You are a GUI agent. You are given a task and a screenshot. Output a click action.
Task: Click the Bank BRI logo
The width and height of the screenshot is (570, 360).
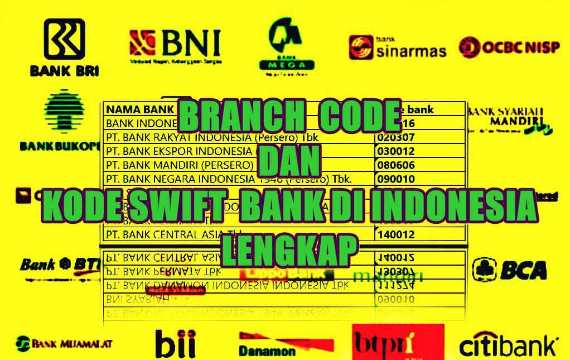point(64,47)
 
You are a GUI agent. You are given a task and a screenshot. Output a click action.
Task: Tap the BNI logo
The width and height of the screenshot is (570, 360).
point(175,45)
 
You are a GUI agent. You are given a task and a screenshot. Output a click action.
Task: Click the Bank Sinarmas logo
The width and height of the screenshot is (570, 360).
point(398,47)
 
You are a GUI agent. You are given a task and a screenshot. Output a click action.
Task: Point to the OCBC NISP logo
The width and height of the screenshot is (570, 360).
point(509,47)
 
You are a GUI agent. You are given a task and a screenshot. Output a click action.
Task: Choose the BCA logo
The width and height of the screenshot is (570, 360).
point(509,270)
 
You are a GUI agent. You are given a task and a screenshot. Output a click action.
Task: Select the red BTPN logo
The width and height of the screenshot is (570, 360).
point(398,343)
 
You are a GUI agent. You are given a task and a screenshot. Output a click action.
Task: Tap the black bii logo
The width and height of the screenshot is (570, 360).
point(175,343)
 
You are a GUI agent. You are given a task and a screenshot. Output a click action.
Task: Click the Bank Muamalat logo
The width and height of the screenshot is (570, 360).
point(64,343)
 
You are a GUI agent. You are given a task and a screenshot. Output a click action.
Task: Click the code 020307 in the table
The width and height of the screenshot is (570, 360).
point(395,137)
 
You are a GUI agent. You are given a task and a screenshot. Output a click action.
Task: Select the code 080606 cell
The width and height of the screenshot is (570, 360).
point(395,165)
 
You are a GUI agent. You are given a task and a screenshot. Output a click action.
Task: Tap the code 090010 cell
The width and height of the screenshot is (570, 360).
point(395,179)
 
